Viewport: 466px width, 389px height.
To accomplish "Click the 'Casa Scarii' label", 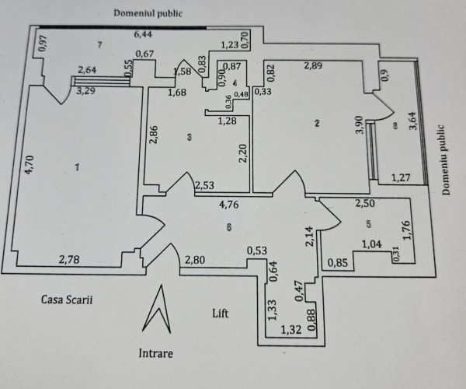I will (x=63, y=299).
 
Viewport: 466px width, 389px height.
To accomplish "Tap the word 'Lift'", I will (x=221, y=313).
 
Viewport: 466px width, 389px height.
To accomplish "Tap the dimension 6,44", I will (x=142, y=34).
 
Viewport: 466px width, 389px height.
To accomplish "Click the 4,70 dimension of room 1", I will (x=28, y=166).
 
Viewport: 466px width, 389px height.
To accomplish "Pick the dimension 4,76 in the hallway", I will (x=229, y=206).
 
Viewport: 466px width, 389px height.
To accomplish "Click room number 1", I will (x=77, y=167).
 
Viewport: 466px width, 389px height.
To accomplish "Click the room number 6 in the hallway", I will (x=228, y=227).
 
